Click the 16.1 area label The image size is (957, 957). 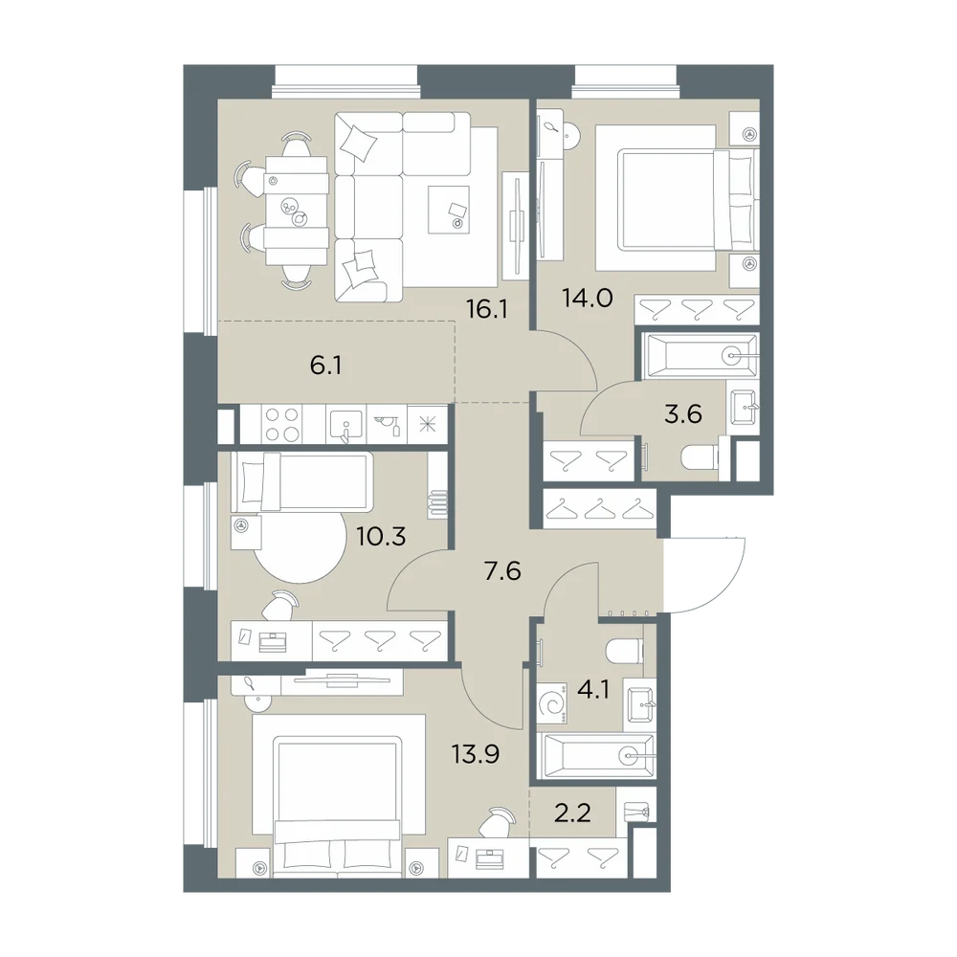pyautogui.click(x=487, y=310)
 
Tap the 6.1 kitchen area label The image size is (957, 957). pyautogui.click(x=325, y=367)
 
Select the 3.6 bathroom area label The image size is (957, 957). pyautogui.click(x=683, y=414)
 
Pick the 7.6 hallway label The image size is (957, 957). pyautogui.click(x=501, y=572)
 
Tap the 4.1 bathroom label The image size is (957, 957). pyautogui.click(x=593, y=693)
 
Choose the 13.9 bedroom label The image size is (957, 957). pyautogui.click(x=476, y=754)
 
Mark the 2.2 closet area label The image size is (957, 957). pyautogui.click(x=572, y=813)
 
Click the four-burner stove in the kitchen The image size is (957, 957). pyautogui.click(x=282, y=424)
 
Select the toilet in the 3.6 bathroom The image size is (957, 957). pyautogui.click(x=700, y=458)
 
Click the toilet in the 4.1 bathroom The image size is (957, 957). pyautogui.click(x=624, y=651)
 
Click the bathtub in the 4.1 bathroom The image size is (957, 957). pyautogui.click(x=596, y=756)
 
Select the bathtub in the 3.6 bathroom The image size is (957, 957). pyautogui.click(x=698, y=355)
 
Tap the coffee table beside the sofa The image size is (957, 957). pyautogui.click(x=449, y=210)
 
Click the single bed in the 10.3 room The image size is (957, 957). pyautogui.click(x=302, y=481)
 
